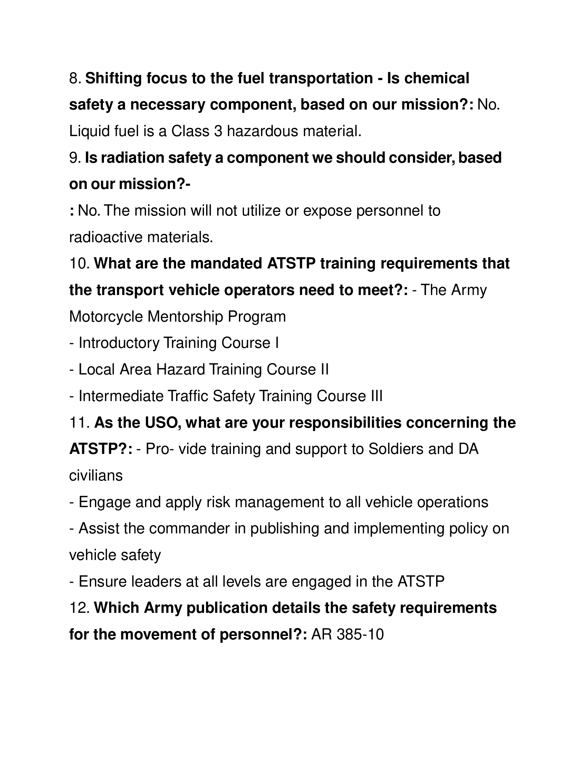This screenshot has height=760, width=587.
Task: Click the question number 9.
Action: point(75,158)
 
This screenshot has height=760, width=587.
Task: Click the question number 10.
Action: point(79,264)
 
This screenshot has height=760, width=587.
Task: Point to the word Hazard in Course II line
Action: point(181,370)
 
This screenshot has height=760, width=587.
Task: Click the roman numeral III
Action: point(375,396)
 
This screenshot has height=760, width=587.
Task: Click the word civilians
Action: point(96,476)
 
